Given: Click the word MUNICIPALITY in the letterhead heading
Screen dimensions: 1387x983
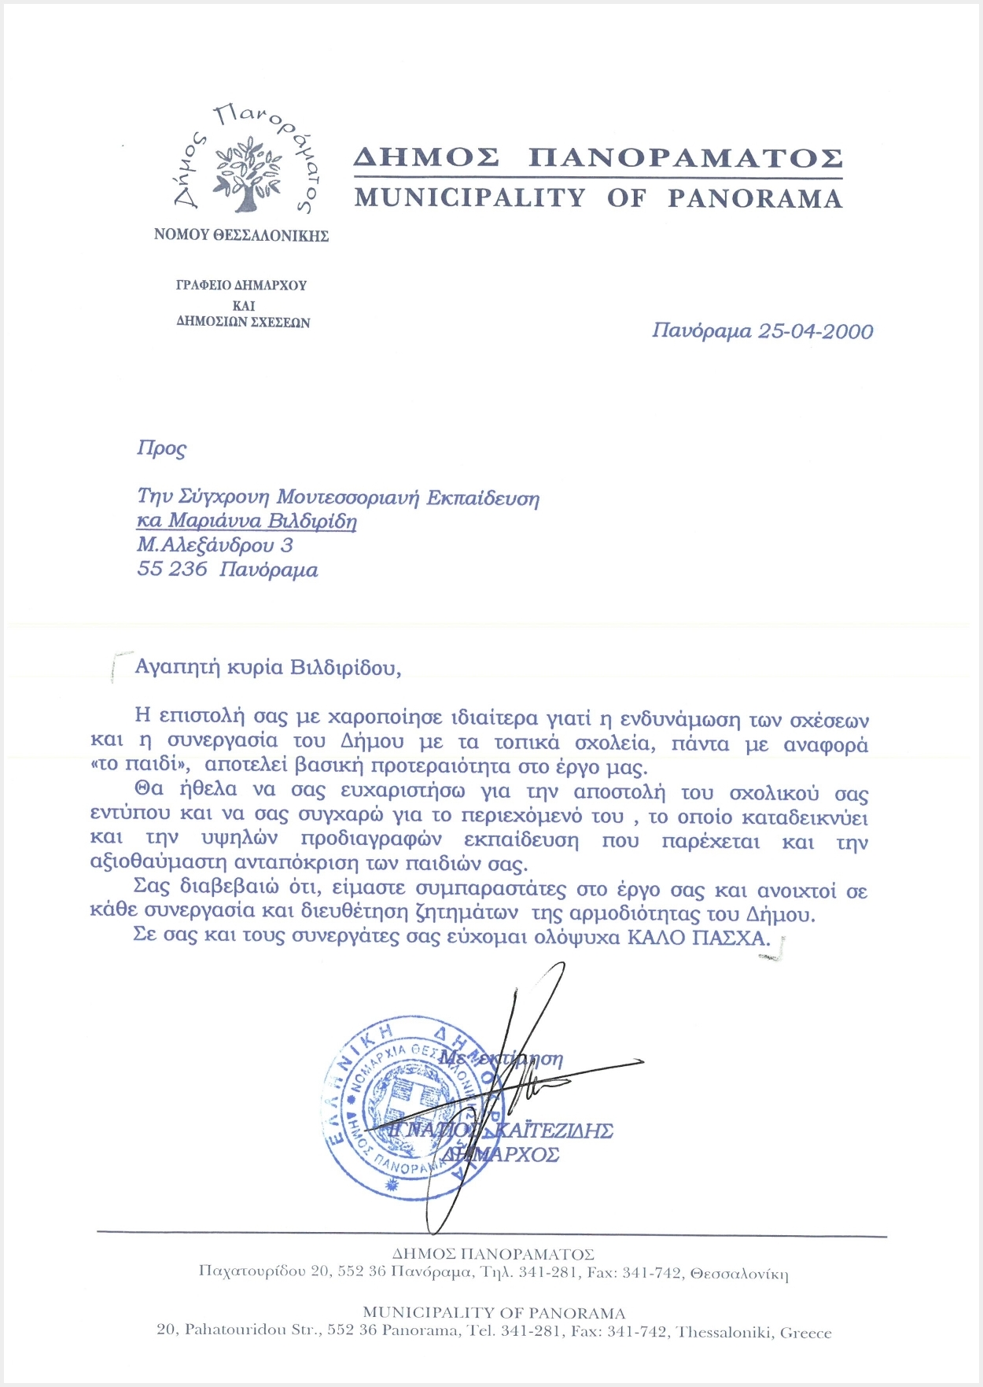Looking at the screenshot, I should click(x=469, y=197).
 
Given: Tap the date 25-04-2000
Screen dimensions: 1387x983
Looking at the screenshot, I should click(x=815, y=331).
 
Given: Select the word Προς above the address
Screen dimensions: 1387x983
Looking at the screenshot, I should click(x=161, y=448).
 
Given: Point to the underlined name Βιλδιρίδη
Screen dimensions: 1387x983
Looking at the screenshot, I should click(x=312, y=521).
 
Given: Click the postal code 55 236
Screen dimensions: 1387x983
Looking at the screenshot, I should click(x=171, y=569).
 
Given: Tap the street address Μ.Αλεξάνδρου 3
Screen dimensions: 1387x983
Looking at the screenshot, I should click(x=215, y=544).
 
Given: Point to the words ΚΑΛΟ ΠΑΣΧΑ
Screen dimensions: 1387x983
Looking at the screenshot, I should click(x=698, y=937).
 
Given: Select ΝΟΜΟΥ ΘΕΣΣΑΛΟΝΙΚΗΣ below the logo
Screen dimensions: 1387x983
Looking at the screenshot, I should click(x=241, y=235).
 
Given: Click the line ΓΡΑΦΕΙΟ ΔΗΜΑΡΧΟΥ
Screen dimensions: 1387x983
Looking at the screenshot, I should click(x=241, y=285).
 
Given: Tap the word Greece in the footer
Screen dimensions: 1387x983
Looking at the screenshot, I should click(x=805, y=1333).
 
